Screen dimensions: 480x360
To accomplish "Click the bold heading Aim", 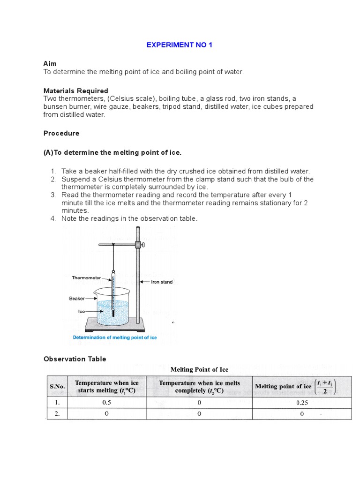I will click(50, 63).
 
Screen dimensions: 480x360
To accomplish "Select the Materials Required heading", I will click(76, 91).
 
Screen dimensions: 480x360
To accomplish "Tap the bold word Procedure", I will click(61, 133).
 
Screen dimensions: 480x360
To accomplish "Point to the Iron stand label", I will click(162, 282).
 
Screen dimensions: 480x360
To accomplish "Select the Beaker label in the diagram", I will click(77, 298).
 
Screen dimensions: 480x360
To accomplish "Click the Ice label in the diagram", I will click(81, 311).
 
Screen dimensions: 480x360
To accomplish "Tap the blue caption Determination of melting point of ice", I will click(115, 337).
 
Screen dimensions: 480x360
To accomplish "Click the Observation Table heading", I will click(75, 359).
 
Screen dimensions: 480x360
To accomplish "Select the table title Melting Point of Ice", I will click(199, 369).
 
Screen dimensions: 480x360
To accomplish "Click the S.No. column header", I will click(57, 386).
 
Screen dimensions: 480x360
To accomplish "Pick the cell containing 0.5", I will click(106, 403).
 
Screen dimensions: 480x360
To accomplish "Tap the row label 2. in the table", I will click(57, 414).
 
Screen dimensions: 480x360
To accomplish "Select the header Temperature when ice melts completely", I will click(199, 386).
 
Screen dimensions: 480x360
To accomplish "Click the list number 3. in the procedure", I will click(53, 195).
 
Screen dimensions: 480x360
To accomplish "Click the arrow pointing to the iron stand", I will click(145, 282).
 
